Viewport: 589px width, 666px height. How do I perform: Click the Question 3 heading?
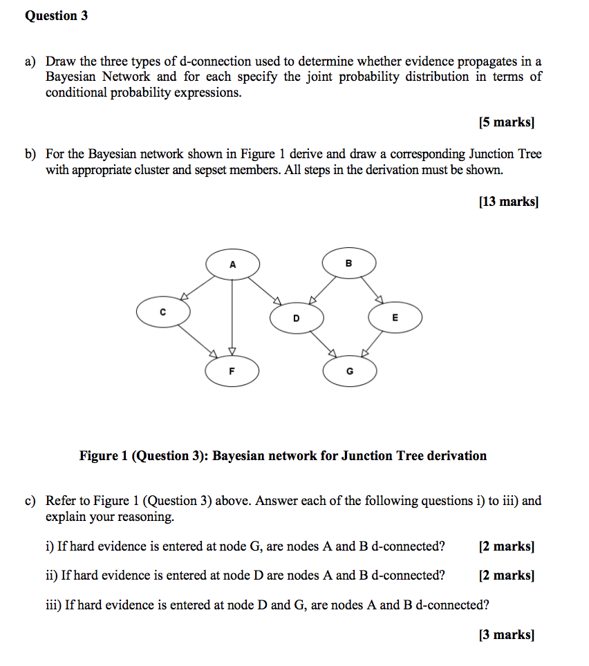(x=56, y=16)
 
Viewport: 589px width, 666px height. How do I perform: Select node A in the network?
(x=232, y=264)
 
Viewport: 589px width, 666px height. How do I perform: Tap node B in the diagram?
(x=348, y=263)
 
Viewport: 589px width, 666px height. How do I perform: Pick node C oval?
(x=162, y=312)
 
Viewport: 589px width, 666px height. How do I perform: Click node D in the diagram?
(x=296, y=318)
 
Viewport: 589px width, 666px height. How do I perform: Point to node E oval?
(x=395, y=318)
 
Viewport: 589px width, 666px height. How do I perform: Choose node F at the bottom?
(x=232, y=371)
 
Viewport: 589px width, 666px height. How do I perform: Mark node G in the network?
(x=349, y=372)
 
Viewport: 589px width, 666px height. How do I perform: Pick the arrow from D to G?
(x=322, y=343)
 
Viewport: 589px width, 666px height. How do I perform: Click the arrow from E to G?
(x=373, y=343)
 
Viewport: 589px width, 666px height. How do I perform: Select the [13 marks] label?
(x=507, y=202)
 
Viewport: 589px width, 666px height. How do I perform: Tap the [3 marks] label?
(x=507, y=634)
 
